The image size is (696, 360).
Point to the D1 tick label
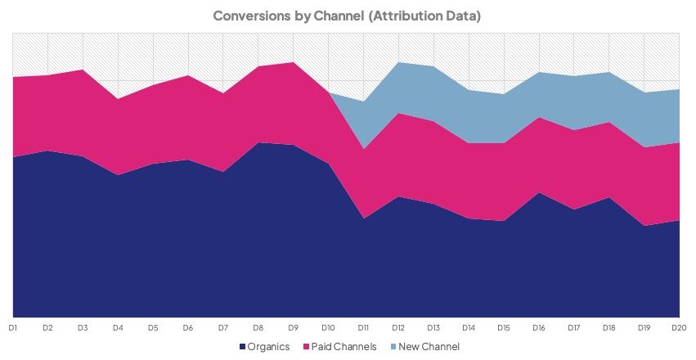coord(13,327)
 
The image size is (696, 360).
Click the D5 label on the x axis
coord(153,327)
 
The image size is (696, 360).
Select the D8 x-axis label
coord(258,327)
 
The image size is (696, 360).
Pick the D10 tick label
coord(328,327)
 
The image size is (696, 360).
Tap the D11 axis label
coord(363,327)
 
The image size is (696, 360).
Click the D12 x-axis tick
coord(398,327)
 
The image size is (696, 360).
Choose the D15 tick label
coord(503,327)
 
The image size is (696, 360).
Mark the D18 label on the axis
coord(608,327)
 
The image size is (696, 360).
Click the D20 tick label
coord(678,327)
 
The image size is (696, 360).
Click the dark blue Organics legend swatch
coord(242,347)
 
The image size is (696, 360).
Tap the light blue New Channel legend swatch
coord(392,347)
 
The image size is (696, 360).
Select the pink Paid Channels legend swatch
coord(305,347)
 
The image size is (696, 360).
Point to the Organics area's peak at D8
coord(258,142)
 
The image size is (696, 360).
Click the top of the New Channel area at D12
coord(398,62)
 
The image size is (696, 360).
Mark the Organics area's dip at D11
coord(363,218)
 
